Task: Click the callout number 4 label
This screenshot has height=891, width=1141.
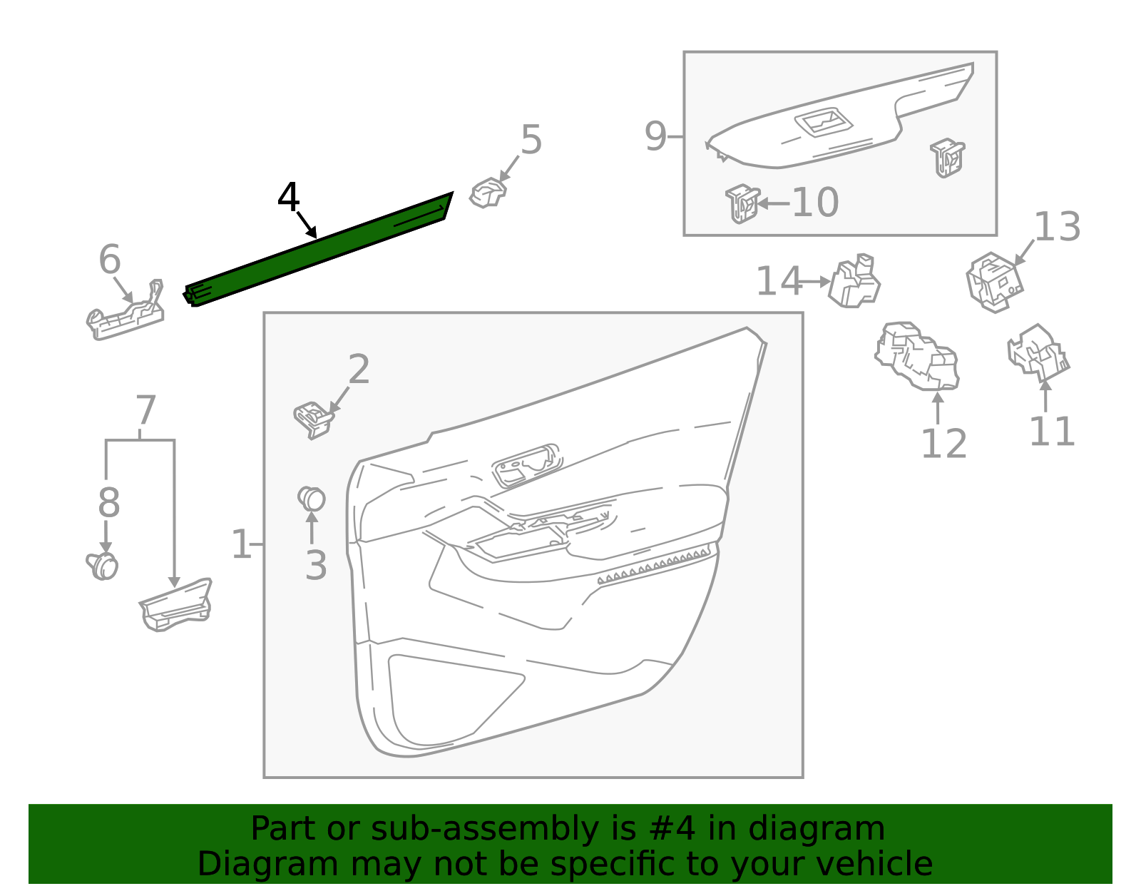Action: pyautogui.click(x=288, y=198)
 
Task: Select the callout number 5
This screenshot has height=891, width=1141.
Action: pyautogui.click(x=531, y=140)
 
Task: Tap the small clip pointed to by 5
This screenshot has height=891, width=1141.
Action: pyautogui.click(x=488, y=193)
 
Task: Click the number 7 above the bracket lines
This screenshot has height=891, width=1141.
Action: pyautogui.click(x=145, y=411)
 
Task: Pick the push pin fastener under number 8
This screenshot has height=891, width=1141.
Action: pyautogui.click(x=104, y=566)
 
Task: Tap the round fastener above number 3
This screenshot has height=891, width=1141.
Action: pyautogui.click(x=312, y=499)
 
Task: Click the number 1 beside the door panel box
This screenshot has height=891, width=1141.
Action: pyautogui.click(x=241, y=545)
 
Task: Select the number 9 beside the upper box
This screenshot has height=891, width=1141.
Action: pyautogui.click(x=655, y=136)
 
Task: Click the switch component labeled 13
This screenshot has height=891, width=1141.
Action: pyautogui.click(x=994, y=282)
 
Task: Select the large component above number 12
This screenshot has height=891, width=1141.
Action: pyautogui.click(x=917, y=356)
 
